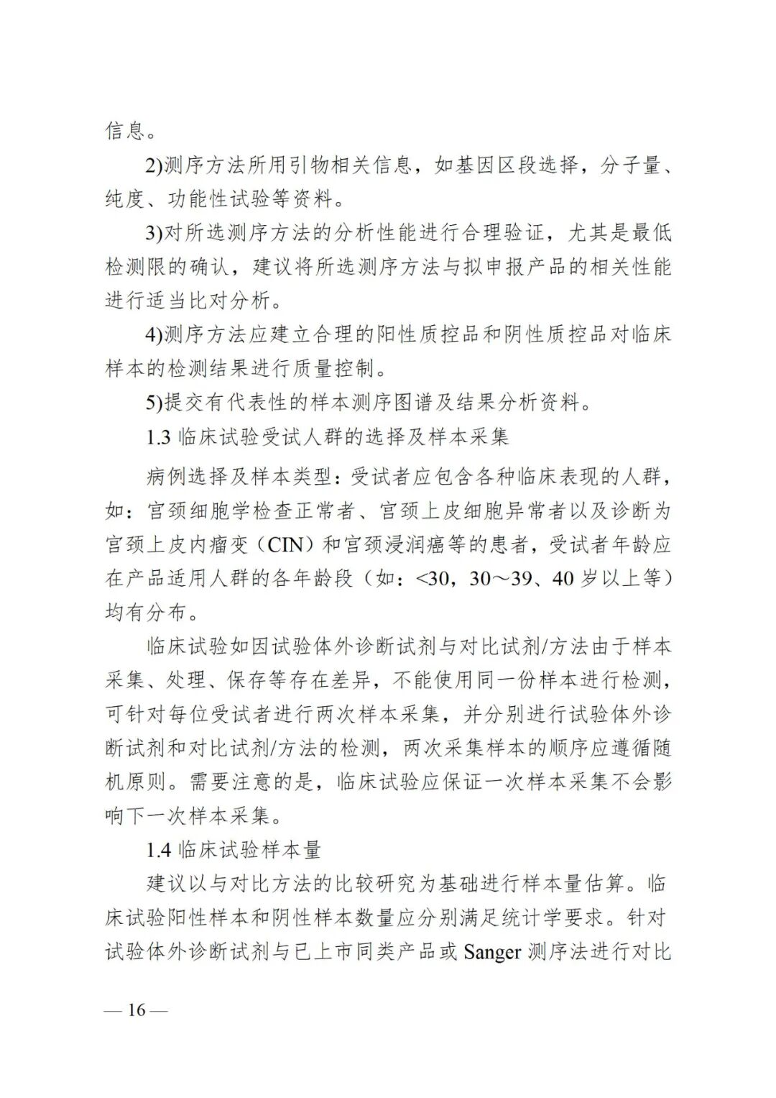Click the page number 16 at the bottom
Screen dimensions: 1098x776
[x=136, y=1010]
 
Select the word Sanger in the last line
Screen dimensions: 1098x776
[x=492, y=953]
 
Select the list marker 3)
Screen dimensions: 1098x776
[x=154, y=233]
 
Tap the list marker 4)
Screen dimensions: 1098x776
[x=154, y=336]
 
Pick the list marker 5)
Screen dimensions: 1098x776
[x=154, y=403]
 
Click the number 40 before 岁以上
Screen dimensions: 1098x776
[x=563, y=578]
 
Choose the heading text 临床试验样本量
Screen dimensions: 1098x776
[x=248, y=850]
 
